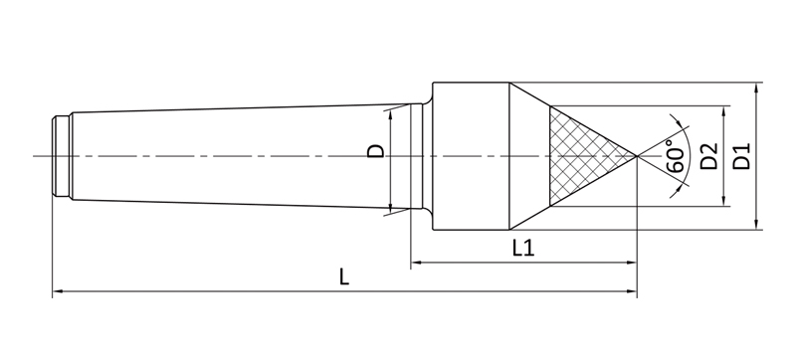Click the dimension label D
(x=376, y=151)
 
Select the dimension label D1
(x=742, y=156)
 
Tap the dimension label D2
(x=709, y=156)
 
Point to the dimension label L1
(x=523, y=248)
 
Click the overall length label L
(x=344, y=276)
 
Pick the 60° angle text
(x=676, y=156)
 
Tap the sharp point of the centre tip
(x=637, y=156)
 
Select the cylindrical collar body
(x=471, y=156)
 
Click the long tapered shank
(x=241, y=156)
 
